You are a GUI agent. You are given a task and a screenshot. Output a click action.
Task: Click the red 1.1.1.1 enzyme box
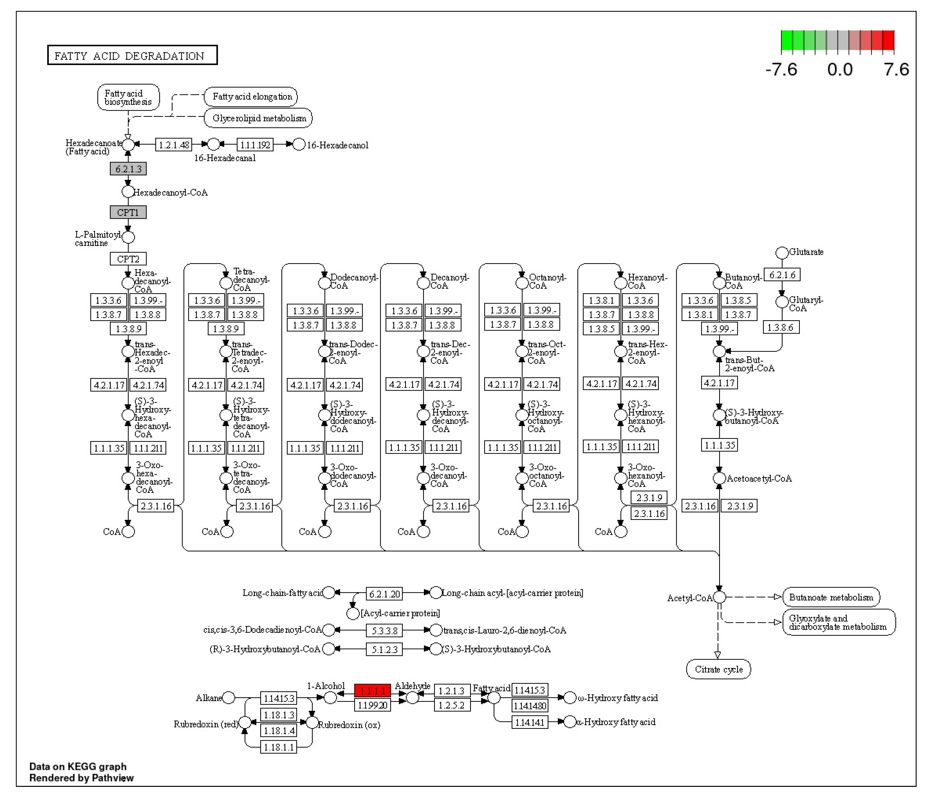[x=373, y=690]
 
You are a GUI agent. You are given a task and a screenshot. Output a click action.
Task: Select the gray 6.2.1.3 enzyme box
[x=128, y=169]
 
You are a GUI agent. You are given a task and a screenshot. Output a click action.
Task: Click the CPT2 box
[x=128, y=259]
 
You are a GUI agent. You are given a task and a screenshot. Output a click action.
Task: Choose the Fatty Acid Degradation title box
[x=132, y=55]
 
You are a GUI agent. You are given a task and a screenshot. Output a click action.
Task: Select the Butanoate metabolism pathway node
[x=831, y=597]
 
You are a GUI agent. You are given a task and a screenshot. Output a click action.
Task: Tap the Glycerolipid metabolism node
[x=259, y=118]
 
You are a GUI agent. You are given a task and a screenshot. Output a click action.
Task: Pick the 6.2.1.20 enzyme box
[x=384, y=594]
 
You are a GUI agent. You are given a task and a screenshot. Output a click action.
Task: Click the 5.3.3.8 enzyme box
[x=384, y=631]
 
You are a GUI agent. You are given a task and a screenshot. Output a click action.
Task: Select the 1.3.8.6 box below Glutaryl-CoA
[x=781, y=327]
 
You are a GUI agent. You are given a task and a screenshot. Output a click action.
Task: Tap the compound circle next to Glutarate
[x=782, y=253]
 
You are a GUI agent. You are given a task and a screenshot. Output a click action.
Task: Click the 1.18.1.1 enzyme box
[x=279, y=747]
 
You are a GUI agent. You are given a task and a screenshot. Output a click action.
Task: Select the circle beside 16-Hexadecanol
[x=299, y=145]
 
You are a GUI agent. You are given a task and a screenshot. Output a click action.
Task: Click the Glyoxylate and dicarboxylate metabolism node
[x=838, y=622]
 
